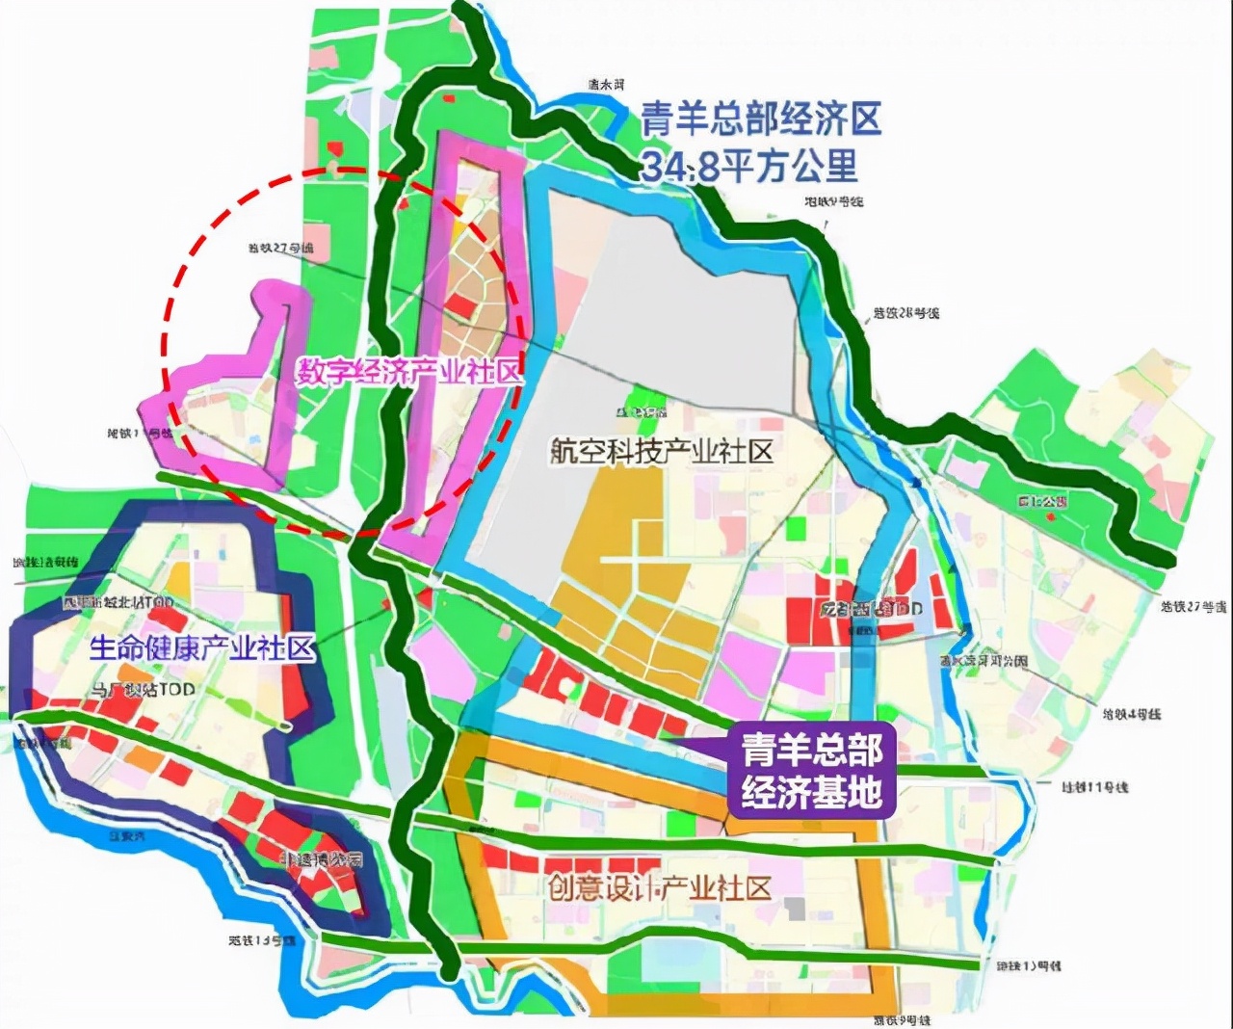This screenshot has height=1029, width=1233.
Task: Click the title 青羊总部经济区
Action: click(761, 120)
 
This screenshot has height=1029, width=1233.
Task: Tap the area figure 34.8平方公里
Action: click(749, 167)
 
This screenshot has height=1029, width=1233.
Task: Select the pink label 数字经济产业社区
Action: click(408, 372)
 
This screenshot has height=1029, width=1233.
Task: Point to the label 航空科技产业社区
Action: click(662, 451)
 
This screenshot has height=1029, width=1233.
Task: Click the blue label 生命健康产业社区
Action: click(202, 648)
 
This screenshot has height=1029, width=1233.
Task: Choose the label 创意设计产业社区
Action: click(660, 887)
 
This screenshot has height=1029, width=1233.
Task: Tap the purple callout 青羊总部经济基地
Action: click(811, 770)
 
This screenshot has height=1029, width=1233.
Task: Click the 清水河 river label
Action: click(607, 85)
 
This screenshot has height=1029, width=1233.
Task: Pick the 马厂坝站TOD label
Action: click(143, 689)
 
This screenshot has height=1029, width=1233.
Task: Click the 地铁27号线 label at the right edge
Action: click(1194, 607)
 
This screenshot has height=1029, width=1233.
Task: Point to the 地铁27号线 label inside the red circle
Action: click(280, 249)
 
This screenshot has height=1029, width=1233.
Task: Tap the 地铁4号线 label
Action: click(1132, 714)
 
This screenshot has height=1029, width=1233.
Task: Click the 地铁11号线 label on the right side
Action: click(1095, 787)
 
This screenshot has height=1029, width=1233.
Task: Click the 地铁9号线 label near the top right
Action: click(834, 201)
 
